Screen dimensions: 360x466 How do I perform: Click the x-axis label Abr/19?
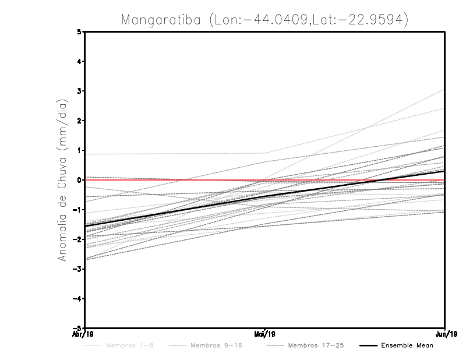[x=85, y=334]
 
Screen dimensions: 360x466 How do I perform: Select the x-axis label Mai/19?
[x=265, y=334]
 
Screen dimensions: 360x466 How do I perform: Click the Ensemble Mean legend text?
[x=407, y=345]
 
